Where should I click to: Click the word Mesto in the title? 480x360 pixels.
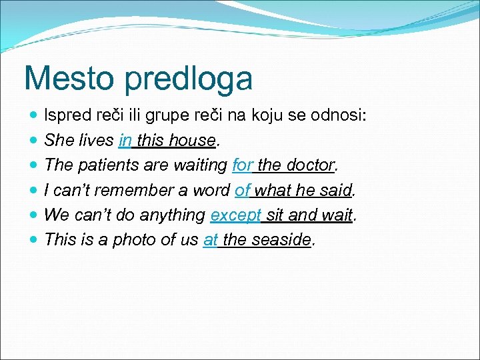pyautogui.click(x=64, y=78)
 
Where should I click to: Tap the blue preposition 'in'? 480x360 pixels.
pyautogui.click(x=125, y=141)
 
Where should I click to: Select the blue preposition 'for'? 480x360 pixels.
pyautogui.click(x=243, y=165)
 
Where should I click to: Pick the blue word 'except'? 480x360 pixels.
pyautogui.click(x=235, y=215)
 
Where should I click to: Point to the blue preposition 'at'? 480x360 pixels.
pyautogui.click(x=210, y=240)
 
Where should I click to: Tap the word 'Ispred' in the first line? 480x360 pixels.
pyautogui.click(x=64, y=116)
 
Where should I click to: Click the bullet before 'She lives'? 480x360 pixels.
pyautogui.click(x=34, y=141)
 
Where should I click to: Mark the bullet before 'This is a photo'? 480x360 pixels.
pyautogui.click(x=34, y=240)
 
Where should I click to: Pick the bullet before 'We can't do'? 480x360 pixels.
pyautogui.click(x=34, y=215)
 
